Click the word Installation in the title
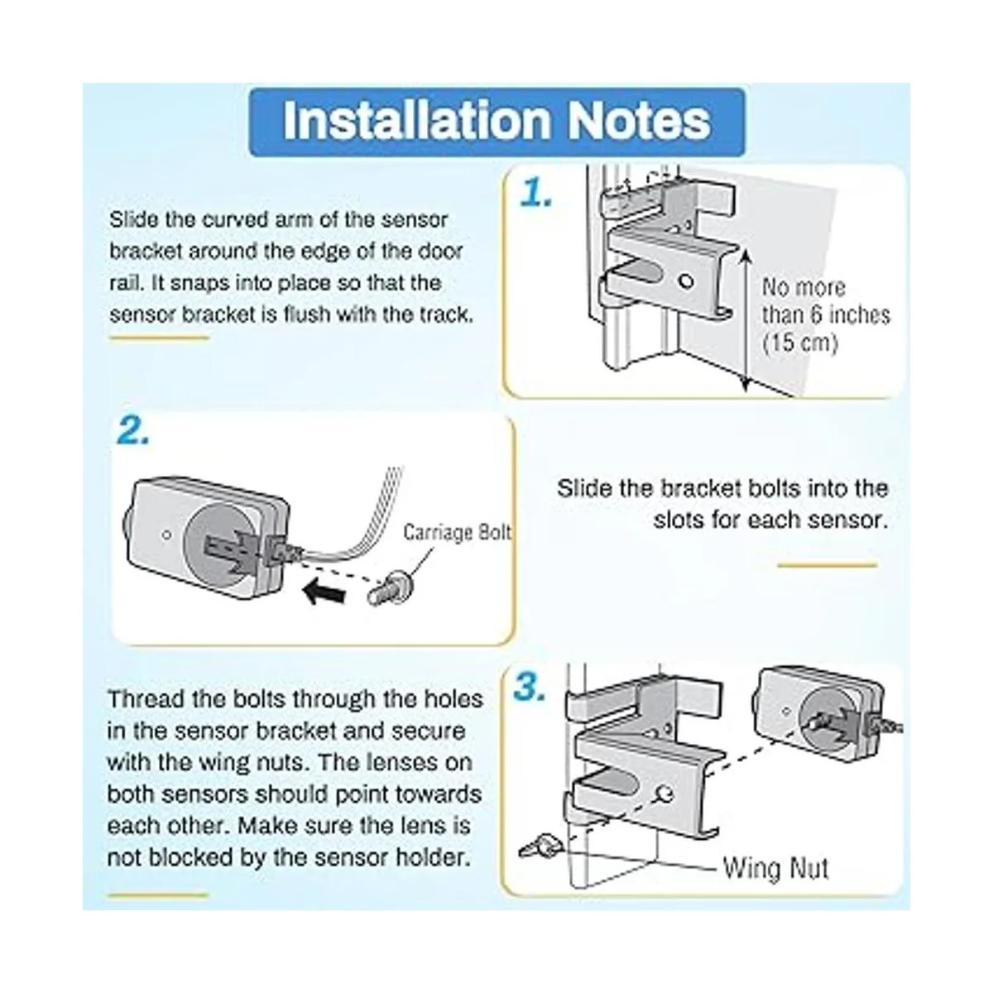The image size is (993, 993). [417, 121]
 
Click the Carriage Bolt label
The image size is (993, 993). [457, 532]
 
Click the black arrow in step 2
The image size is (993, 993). [324, 592]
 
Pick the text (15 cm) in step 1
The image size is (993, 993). [799, 342]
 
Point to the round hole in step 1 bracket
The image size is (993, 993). [686, 281]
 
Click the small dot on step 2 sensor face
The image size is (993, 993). [166, 535]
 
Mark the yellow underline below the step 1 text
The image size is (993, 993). [159, 338]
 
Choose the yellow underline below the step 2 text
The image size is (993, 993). [827, 565]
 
